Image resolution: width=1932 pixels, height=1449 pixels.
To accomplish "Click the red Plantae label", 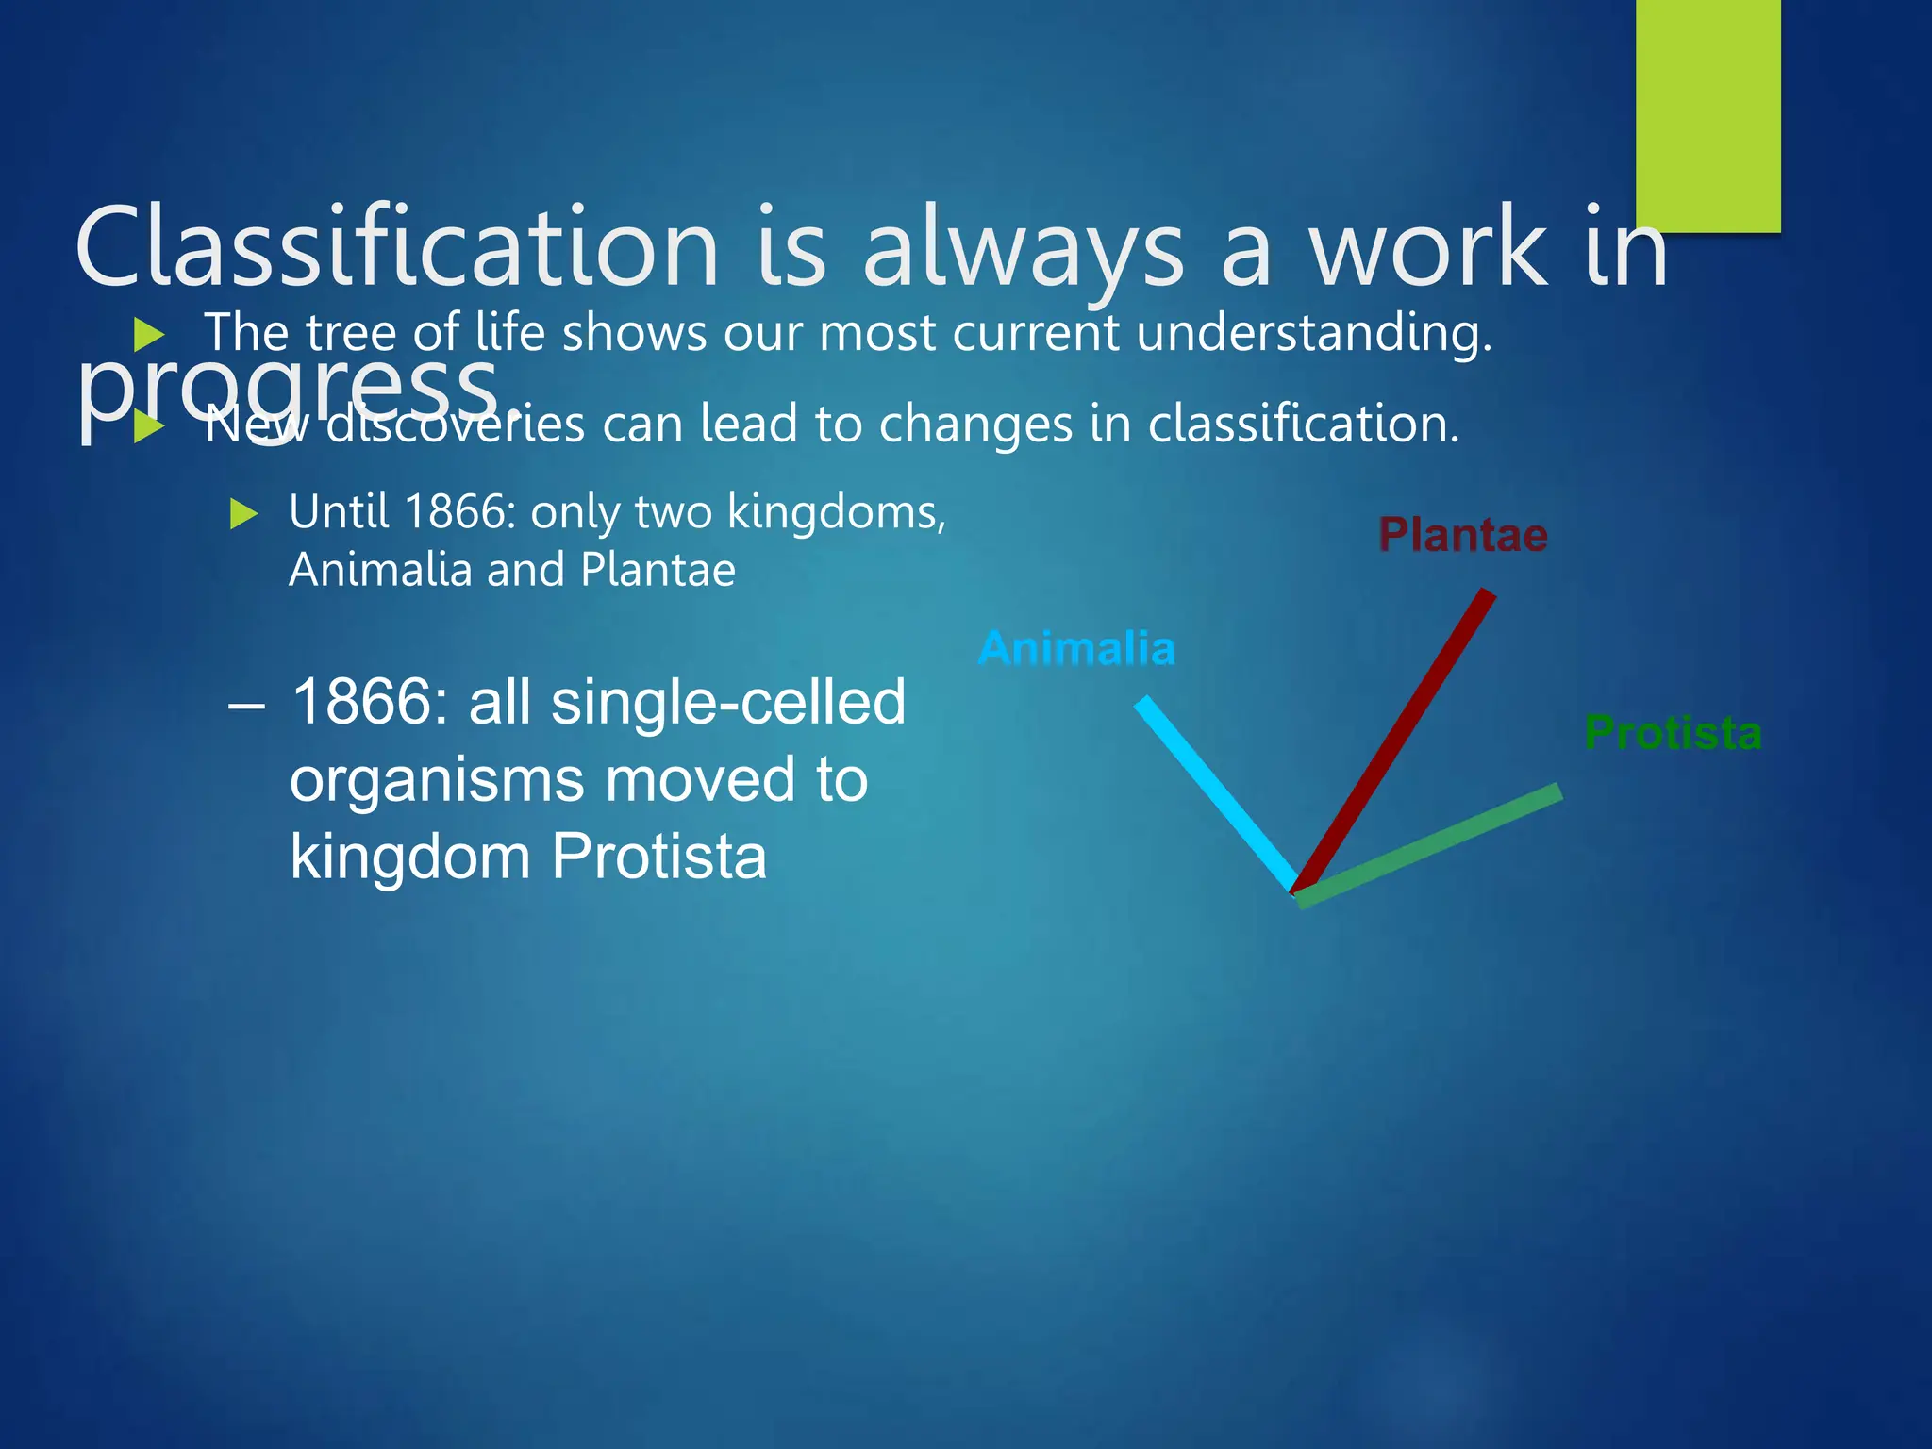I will pyautogui.click(x=1462, y=535).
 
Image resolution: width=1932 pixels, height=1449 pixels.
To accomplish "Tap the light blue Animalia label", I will pyautogui.click(x=1076, y=649).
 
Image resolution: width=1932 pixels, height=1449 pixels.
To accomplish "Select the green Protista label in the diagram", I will pyautogui.click(x=1673, y=733).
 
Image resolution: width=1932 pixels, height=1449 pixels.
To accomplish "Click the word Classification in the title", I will pyautogui.click(x=396, y=247).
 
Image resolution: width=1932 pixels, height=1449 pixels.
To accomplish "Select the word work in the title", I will pyautogui.click(x=1429, y=247).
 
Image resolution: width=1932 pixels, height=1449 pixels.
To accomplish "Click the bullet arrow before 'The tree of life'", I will pyautogui.click(x=149, y=334).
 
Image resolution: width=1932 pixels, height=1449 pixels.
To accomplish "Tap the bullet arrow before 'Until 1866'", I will pyautogui.click(x=243, y=514).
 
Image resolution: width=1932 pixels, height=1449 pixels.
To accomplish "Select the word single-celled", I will pyautogui.click(x=728, y=703).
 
